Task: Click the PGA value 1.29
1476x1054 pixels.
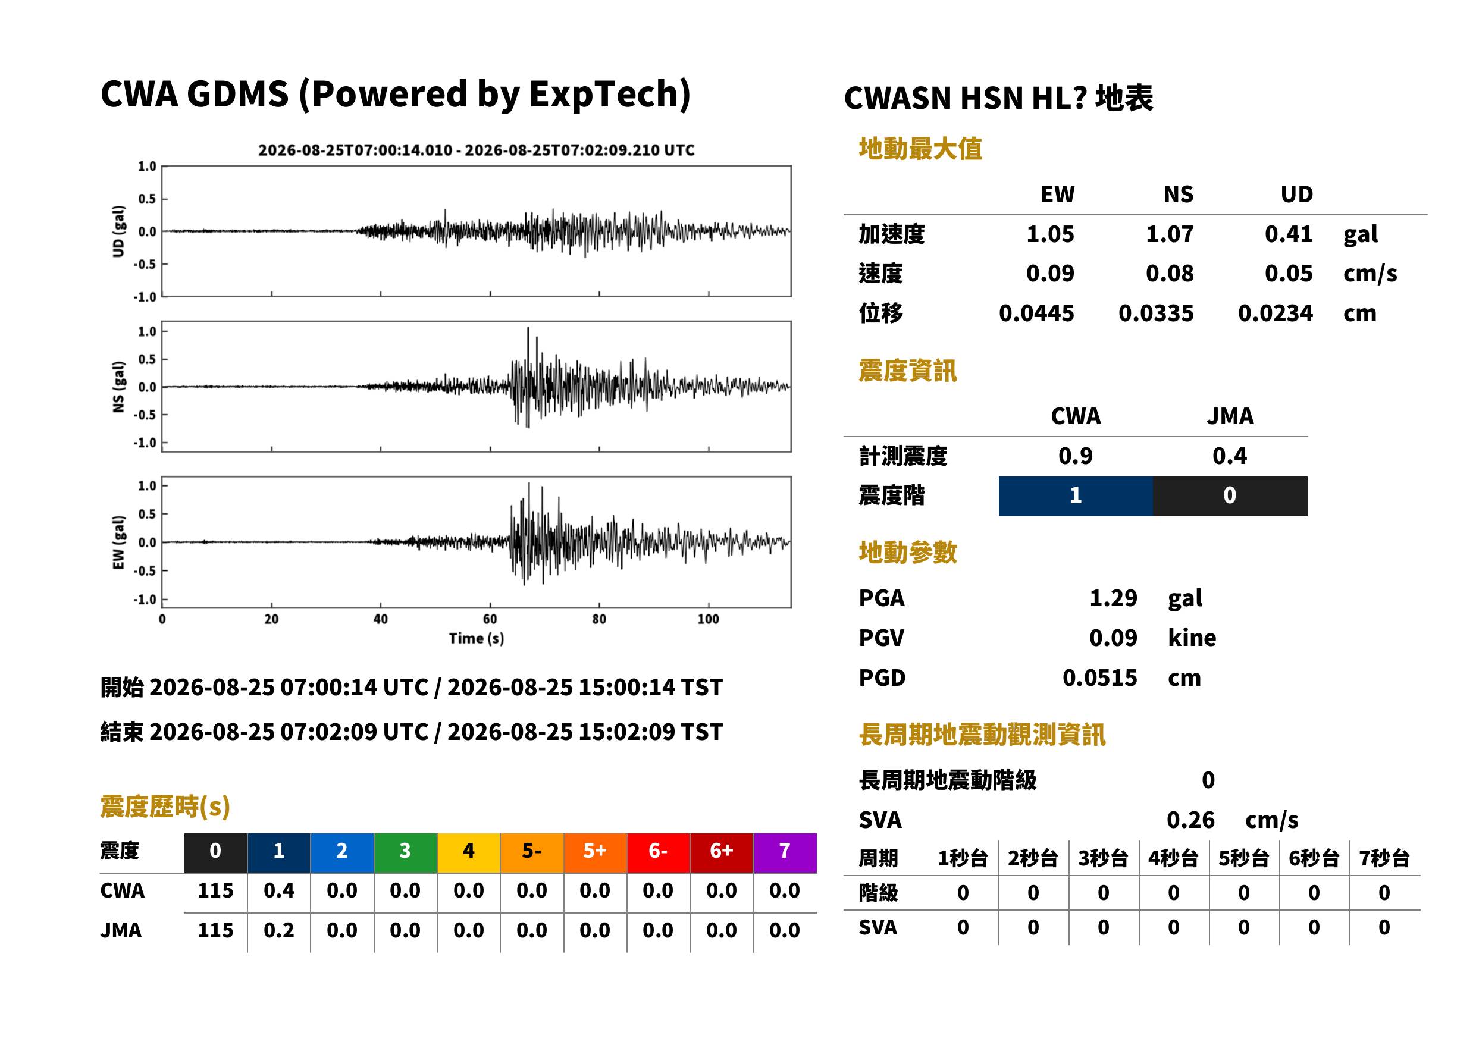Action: pyautogui.click(x=1113, y=598)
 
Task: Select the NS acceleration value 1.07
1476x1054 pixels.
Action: pyautogui.click(x=1169, y=234)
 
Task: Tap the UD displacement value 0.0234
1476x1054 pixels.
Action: pyautogui.click(x=1275, y=313)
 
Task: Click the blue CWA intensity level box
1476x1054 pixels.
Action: pyautogui.click(x=1076, y=496)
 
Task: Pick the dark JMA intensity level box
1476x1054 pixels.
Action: pyautogui.click(x=1230, y=496)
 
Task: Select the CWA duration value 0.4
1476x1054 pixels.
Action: pyautogui.click(x=278, y=890)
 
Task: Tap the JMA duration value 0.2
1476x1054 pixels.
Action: pyautogui.click(x=278, y=930)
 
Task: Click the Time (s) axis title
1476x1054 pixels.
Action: pyautogui.click(x=476, y=639)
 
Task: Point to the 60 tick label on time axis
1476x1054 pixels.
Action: pyautogui.click(x=490, y=619)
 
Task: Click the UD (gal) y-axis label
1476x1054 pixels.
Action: pyautogui.click(x=118, y=231)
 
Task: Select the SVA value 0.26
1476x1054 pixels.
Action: pyautogui.click(x=1190, y=820)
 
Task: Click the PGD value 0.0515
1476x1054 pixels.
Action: pyautogui.click(x=1099, y=677)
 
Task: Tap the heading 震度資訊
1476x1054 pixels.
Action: pyautogui.click(x=907, y=371)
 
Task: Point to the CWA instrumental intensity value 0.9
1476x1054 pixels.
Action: pyautogui.click(x=1076, y=456)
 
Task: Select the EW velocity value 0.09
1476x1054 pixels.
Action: pyautogui.click(x=1049, y=273)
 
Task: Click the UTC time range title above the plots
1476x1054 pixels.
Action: pyautogui.click(x=477, y=150)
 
